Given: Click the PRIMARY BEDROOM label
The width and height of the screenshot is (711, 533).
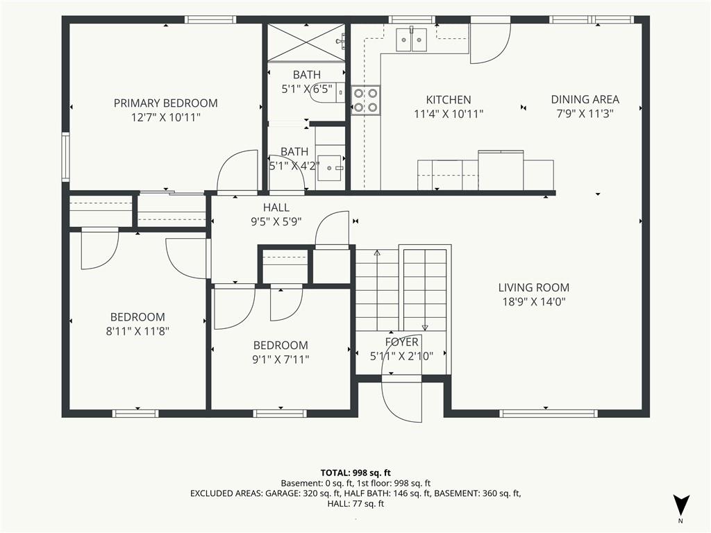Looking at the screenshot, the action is (165, 103).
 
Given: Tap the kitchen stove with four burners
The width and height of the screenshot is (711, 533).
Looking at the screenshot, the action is (365, 100).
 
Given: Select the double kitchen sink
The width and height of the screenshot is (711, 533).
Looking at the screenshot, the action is (411, 40).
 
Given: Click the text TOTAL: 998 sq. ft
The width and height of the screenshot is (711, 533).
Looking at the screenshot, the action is (355, 473).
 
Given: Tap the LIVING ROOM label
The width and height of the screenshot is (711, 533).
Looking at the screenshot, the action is (534, 287).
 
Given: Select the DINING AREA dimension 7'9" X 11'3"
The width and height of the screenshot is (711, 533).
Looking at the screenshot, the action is (585, 113).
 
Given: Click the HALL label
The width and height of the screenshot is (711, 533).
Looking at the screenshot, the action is (276, 208).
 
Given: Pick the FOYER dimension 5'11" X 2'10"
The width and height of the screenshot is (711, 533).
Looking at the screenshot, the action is (401, 356).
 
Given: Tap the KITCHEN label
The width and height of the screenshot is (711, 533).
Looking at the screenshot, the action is (449, 100).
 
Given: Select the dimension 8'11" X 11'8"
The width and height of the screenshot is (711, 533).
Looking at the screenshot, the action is (137, 331).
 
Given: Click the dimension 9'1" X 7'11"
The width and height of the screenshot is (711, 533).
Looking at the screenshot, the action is (281, 359).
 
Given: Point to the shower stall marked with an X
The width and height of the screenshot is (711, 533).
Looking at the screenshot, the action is (307, 42).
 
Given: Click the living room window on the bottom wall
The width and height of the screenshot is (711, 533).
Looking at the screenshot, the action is (549, 413).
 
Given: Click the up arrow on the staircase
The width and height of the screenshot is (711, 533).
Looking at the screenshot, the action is (376, 290).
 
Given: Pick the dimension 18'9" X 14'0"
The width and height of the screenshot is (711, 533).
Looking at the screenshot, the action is (534, 301).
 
